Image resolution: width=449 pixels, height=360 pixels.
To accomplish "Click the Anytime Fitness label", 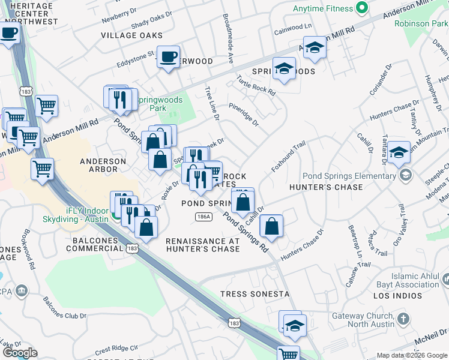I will coord(321,9).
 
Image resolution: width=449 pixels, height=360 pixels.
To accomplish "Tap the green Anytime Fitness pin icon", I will coord(361,8).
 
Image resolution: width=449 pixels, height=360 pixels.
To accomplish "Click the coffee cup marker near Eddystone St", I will coord(168,57).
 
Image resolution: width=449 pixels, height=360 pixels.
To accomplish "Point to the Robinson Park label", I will coord(421,24).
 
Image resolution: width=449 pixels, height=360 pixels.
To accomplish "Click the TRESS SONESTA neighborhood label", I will coord(246,294).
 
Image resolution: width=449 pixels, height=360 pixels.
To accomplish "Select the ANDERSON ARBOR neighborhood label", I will coord(103,165).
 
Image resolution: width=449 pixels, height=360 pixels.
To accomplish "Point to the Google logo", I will coord(20,353).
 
